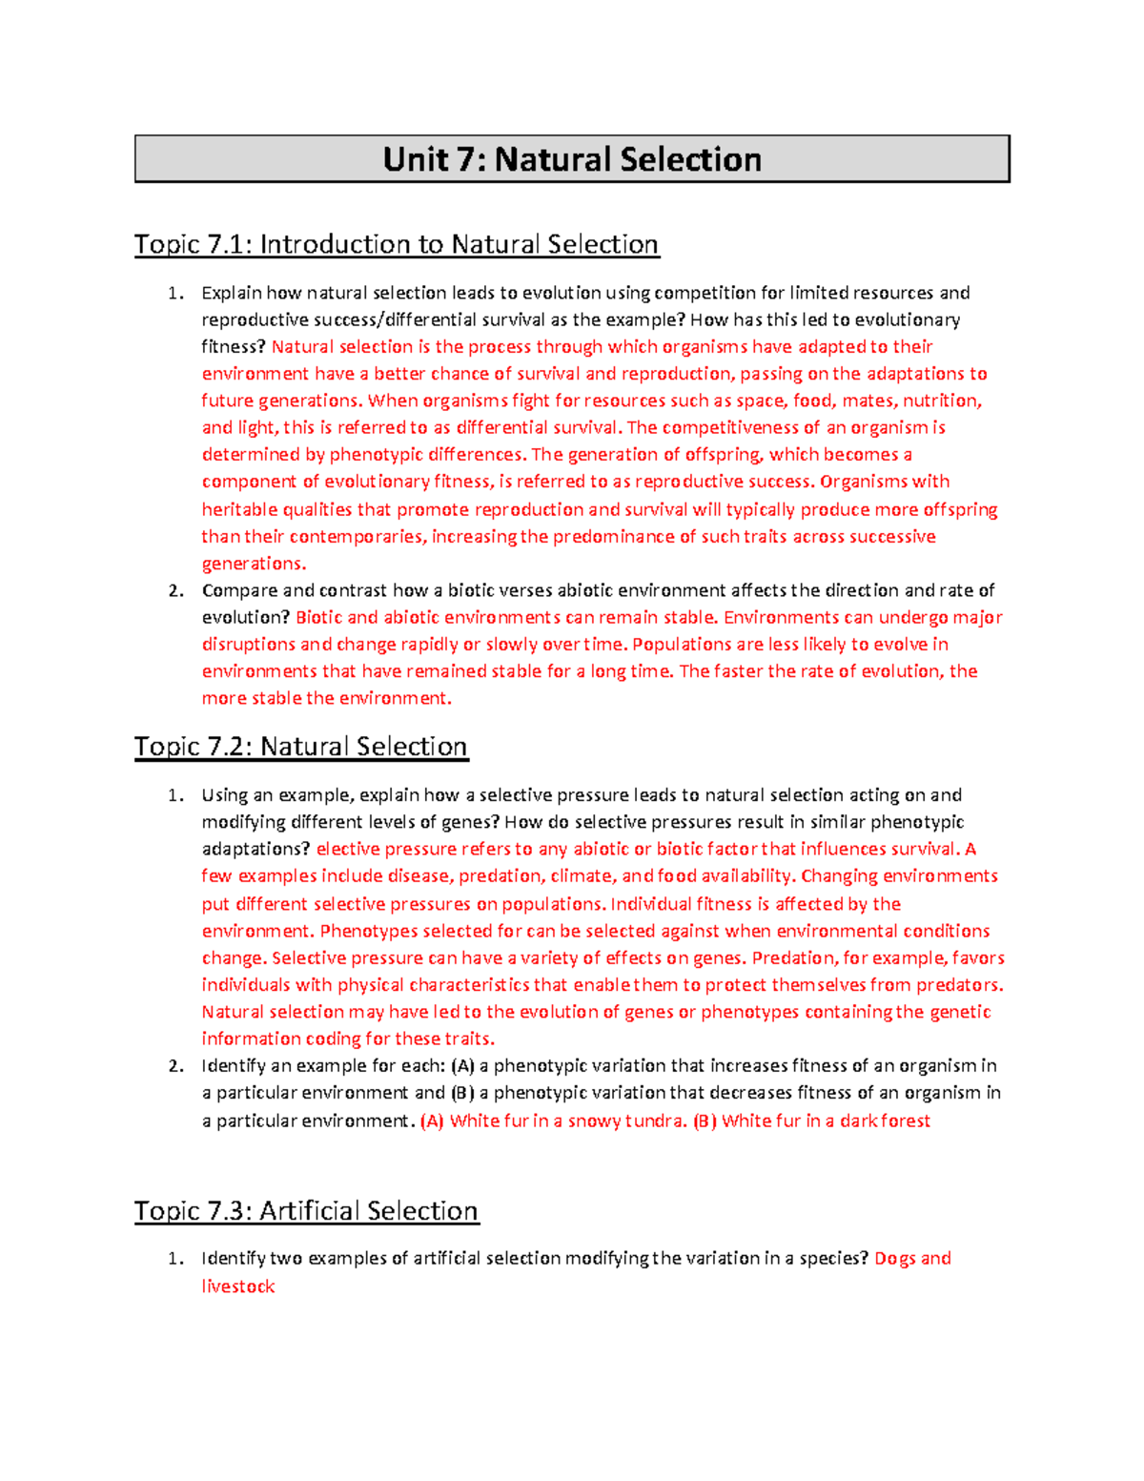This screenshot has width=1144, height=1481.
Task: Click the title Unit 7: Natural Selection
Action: click(x=572, y=159)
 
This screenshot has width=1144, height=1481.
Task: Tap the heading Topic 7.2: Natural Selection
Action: click(x=300, y=747)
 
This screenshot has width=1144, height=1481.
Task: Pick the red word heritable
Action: click(x=235, y=510)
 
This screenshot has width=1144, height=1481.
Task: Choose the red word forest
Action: click(x=906, y=1121)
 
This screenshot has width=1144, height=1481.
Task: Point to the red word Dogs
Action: click(x=895, y=1259)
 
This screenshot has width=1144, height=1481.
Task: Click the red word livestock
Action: click(x=238, y=1286)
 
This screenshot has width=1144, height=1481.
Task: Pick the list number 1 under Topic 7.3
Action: click(x=174, y=1259)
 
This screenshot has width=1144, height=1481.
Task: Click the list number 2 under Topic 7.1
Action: click(x=175, y=590)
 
